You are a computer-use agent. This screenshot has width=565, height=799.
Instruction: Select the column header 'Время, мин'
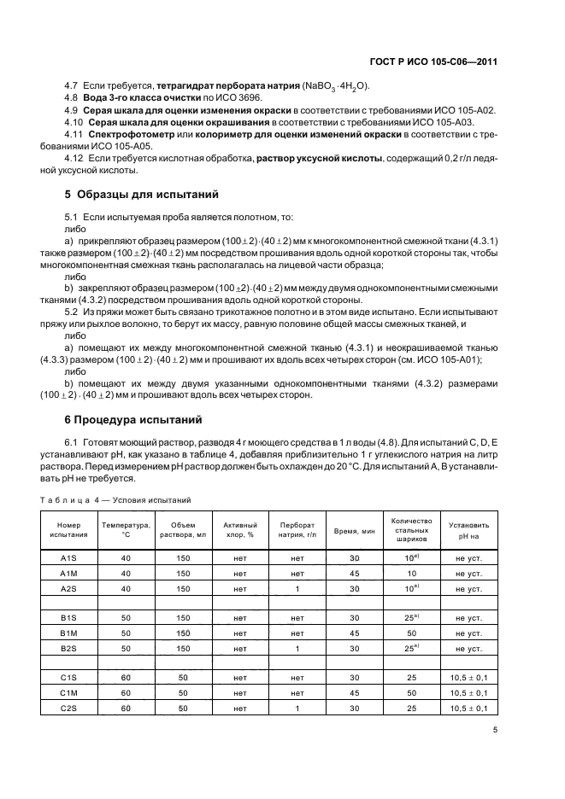point(355,530)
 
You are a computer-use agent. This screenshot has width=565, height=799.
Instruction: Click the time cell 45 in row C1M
point(355,693)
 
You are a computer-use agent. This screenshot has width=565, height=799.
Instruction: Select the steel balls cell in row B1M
point(412,633)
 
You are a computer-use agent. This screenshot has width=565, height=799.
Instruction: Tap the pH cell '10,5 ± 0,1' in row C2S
point(471,709)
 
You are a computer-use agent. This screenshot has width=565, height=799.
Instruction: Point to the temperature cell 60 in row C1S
point(125,678)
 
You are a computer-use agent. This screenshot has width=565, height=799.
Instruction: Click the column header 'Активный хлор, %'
point(239,530)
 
